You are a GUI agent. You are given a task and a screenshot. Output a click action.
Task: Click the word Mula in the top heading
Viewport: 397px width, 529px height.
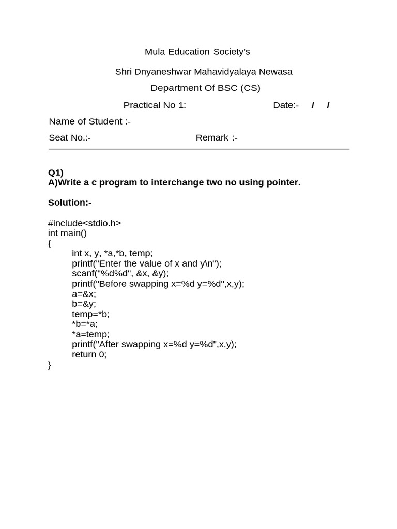click(x=155, y=52)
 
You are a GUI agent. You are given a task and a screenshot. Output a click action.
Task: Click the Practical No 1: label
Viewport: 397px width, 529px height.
click(x=154, y=105)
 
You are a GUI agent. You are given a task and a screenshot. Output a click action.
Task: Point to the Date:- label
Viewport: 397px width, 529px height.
click(x=285, y=105)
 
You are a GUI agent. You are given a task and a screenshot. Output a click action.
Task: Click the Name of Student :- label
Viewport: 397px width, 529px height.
click(x=89, y=122)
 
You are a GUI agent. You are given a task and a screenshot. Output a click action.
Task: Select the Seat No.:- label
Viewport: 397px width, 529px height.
click(x=69, y=138)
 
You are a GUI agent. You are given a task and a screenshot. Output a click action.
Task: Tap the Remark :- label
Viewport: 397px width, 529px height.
click(x=216, y=138)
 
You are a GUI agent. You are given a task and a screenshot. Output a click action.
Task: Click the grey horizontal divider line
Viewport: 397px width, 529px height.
click(x=199, y=149)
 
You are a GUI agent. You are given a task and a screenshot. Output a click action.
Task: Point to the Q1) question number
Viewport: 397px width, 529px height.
click(x=55, y=173)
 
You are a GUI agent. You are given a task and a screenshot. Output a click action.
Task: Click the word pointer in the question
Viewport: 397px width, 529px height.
click(x=283, y=182)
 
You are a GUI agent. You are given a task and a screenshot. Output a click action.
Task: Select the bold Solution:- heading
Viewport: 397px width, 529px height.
click(x=69, y=203)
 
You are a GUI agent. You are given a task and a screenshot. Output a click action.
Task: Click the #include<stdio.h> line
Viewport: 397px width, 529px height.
click(x=84, y=223)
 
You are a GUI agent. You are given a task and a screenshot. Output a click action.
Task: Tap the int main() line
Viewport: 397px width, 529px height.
click(x=67, y=233)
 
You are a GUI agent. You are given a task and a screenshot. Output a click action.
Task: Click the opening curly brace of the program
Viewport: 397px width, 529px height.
click(x=50, y=243)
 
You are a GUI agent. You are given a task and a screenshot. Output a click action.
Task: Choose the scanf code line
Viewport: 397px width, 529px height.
click(x=120, y=273)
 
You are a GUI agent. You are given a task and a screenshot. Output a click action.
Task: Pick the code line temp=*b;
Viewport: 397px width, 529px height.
click(x=90, y=314)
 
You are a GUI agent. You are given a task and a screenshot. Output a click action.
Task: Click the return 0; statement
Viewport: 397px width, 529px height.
click(x=89, y=354)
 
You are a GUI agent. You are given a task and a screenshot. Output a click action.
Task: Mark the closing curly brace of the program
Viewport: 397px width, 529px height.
click(x=50, y=365)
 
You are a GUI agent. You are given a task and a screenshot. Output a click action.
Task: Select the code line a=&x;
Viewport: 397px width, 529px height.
click(x=84, y=294)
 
